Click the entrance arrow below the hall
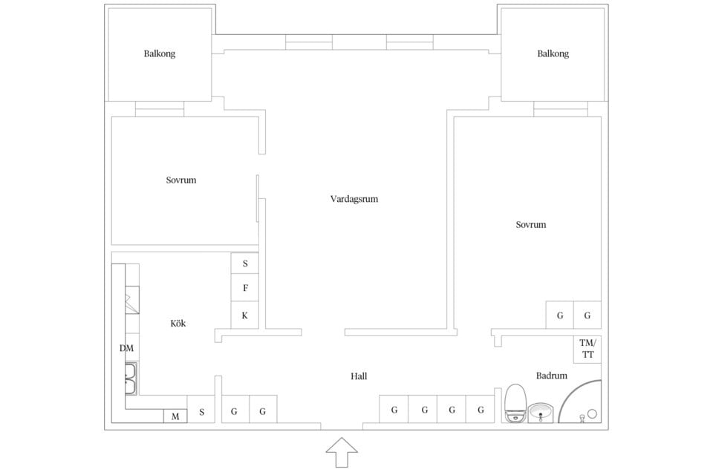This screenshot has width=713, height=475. [342, 452]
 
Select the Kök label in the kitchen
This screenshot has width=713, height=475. [178, 324]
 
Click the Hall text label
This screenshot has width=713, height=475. [359, 376]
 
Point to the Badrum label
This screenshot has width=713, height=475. [552, 376]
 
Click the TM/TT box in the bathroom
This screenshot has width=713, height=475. [587, 349]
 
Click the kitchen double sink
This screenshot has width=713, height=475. [131, 379]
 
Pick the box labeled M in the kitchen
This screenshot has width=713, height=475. [175, 416]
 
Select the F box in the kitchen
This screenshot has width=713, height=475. [245, 288]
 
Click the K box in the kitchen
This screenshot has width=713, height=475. [245, 315]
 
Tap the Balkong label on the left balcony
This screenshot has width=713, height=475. [160, 54]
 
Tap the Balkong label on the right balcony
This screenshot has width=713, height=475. [553, 54]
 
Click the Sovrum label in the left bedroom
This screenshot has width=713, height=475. [181, 180]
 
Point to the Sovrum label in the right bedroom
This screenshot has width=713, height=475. [531, 224]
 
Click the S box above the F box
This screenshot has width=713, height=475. [245, 263]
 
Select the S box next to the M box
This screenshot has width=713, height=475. [201, 410]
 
